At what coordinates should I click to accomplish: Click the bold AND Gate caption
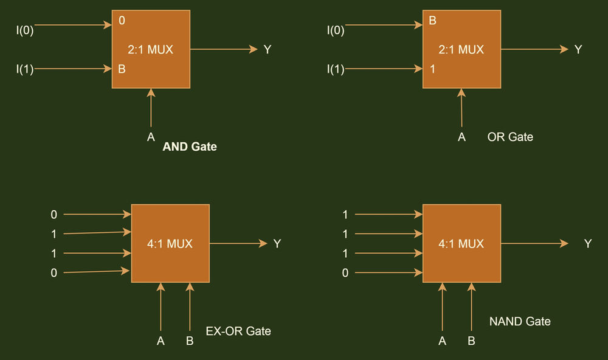[x=190, y=147]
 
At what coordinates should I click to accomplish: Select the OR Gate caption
[x=510, y=137]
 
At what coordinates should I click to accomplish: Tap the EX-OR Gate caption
[x=238, y=331]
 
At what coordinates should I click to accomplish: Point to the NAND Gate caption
[x=520, y=321]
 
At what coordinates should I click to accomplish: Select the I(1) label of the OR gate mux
[x=336, y=69]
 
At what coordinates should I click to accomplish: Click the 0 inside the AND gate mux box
[x=122, y=21]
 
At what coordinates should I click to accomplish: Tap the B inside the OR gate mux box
[x=433, y=21]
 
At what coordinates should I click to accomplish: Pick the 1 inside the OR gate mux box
[x=433, y=69]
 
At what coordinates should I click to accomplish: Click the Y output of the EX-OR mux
[x=277, y=244]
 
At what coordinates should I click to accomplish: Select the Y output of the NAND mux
[x=588, y=244]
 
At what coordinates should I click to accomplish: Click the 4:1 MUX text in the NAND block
[x=461, y=244]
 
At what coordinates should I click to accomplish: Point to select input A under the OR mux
[x=461, y=137]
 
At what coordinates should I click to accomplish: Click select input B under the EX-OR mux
[x=190, y=341]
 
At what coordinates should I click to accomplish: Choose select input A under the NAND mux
[x=442, y=341]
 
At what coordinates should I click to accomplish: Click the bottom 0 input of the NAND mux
[x=345, y=273]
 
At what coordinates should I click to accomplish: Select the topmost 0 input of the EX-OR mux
[x=54, y=215]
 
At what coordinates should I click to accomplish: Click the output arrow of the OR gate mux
[x=535, y=49]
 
